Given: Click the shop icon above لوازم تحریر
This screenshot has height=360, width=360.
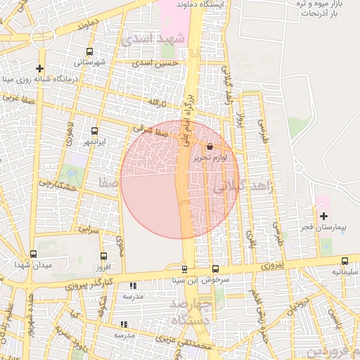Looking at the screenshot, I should click(210, 146).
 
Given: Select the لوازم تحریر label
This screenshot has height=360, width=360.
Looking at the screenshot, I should click(211, 158).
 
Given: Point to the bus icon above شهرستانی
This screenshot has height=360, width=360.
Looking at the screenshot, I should click(89, 51).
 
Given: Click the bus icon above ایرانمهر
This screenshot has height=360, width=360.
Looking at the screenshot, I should click(94, 131).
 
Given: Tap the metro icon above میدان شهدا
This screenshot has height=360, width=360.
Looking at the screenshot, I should click(33, 255).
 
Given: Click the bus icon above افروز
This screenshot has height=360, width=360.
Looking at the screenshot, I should click(104, 257).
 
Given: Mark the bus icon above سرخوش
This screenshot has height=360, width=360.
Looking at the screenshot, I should click(215, 269).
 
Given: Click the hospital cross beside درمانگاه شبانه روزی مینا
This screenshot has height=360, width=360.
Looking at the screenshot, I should click(40, 69).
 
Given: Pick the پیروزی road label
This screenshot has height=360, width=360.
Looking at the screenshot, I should click(268, 266).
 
